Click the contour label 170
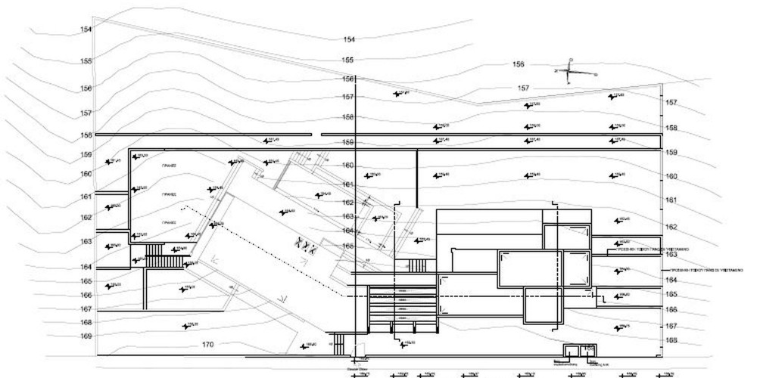click(x=208, y=345)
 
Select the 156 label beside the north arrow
click(x=519, y=64)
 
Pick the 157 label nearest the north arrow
click(x=523, y=88)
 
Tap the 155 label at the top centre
click(x=348, y=60)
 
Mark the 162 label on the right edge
click(x=670, y=227)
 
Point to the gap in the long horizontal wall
click(x=317, y=135)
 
